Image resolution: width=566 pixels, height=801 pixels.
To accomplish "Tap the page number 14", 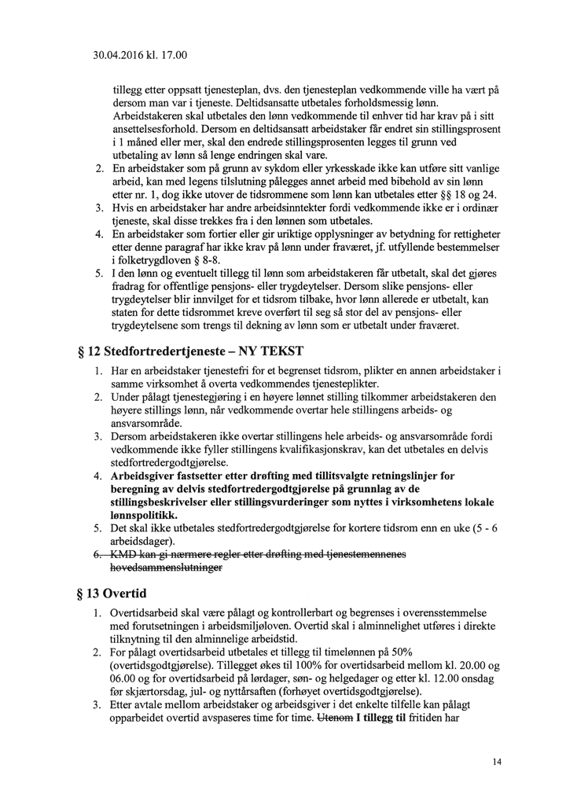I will (498, 761).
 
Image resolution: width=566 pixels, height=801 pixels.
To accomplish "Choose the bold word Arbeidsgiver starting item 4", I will (149, 476).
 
